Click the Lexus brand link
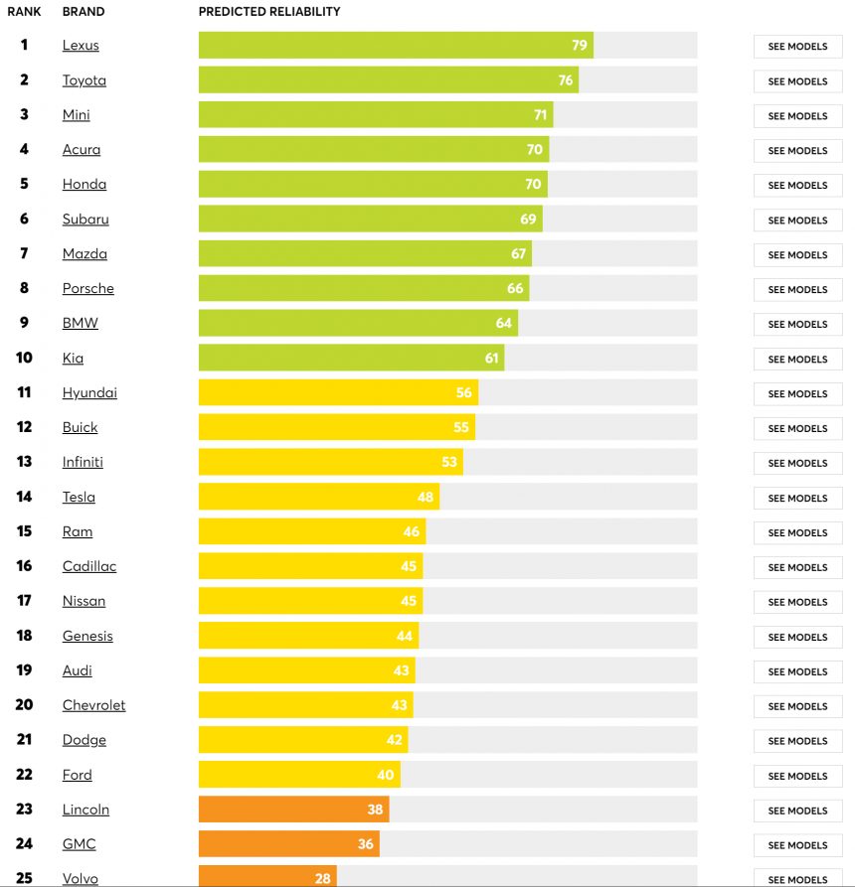(x=81, y=46)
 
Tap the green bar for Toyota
(x=388, y=80)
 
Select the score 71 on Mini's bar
(x=540, y=115)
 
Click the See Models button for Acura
(x=797, y=151)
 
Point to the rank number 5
(x=24, y=184)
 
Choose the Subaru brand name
(x=85, y=220)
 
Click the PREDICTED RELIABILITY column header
(x=269, y=12)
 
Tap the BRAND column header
(x=84, y=12)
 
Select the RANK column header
(x=24, y=12)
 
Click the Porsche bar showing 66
(x=363, y=289)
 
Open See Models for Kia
(x=797, y=360)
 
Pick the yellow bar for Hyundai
(x=338, y=393)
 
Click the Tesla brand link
(x=79, y=498)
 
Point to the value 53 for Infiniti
(x=449, y=463)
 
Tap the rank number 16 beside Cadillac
(x=24, y=566)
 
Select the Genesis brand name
(x=87, y=637)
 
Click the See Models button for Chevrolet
(x=797, y=706)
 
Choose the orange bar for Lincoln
(x=293, y=810)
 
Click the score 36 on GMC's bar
(x=366, y=844)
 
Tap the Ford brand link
(x=77, y=776)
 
